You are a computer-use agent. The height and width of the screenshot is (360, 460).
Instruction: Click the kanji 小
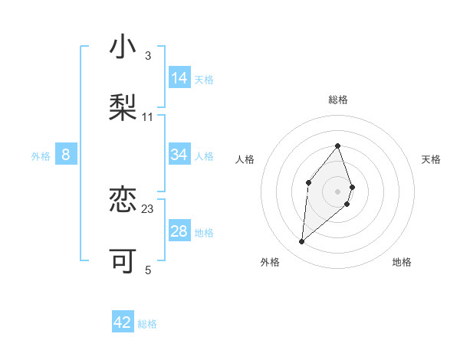point(123,48)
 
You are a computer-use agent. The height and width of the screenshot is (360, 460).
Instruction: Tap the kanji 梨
point(123,107)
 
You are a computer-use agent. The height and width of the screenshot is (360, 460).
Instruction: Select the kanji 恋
point(123,201)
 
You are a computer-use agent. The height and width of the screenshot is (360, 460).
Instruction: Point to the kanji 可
point(123,261)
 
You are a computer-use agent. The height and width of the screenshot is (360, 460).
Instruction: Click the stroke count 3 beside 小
point(147,56)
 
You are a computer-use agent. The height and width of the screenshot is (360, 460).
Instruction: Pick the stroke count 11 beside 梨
point(148,116)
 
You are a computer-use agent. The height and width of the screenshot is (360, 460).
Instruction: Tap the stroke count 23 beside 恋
point(148,208)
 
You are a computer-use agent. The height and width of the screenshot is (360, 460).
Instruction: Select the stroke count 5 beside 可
point(148,270)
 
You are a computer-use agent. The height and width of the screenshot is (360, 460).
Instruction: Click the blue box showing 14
point(179,78)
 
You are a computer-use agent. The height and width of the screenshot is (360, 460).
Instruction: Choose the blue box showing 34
point(179,155)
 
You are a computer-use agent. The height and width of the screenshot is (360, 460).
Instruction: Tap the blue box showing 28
point(179,232)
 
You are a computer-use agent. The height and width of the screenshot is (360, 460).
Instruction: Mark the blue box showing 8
point(66,155)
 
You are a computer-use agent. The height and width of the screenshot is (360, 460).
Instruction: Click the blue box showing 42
point(123,323)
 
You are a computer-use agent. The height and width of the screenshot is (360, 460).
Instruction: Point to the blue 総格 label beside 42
point(147,324)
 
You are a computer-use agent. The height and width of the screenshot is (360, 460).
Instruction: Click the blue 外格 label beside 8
point(41,156)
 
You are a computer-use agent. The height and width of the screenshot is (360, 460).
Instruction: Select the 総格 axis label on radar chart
point(337,100)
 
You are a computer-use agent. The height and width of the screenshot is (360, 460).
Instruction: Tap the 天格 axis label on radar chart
point(431,159)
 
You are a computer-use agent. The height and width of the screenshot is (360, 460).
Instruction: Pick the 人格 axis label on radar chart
point(245,159)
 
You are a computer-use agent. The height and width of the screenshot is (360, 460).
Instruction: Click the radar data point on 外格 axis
point(302,242)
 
